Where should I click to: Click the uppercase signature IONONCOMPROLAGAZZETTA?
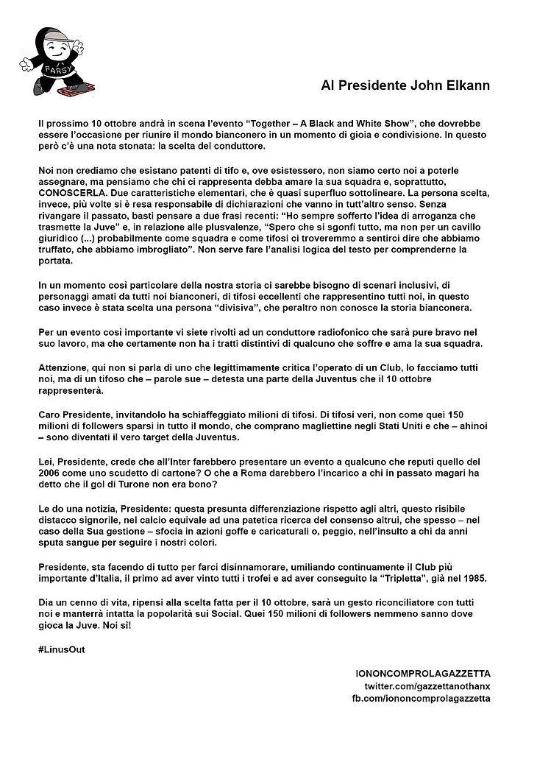click(422, 673)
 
